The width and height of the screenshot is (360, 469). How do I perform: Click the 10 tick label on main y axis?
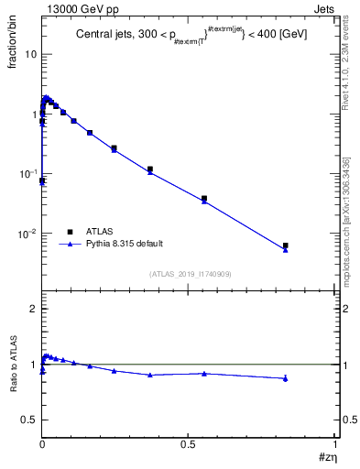tap(29, 54)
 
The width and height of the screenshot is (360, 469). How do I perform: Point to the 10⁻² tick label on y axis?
tap(27, 234)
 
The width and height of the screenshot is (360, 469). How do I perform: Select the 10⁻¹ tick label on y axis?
tap(27, 174)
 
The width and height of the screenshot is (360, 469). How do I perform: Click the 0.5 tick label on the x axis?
tap(189, 443)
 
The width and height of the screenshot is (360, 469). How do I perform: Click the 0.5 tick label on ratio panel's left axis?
tap(29, 420)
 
